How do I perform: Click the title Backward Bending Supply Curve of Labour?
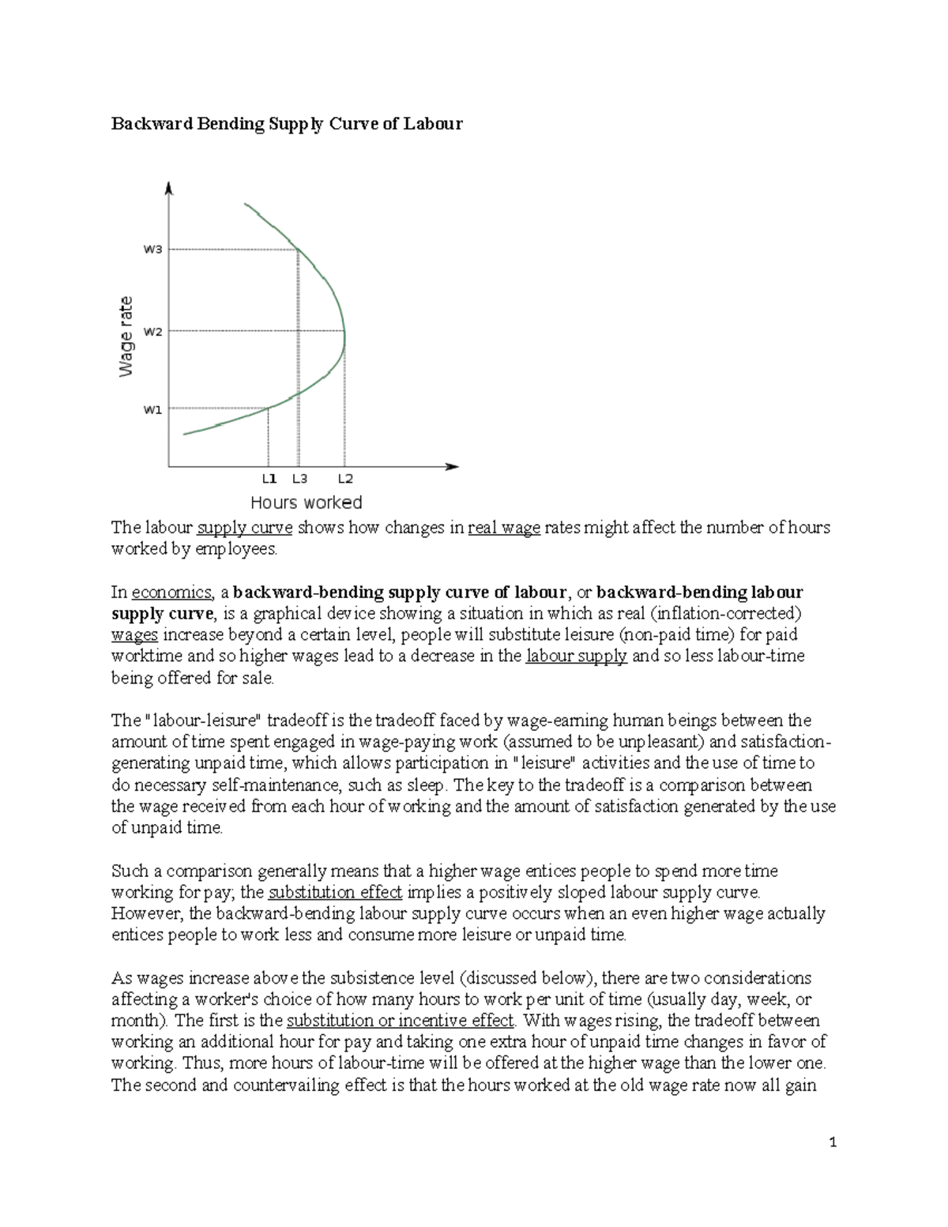coord(286,124)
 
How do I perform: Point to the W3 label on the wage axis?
coord(152,250)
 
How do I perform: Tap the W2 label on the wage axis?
coord(152,332)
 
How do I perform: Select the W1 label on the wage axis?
coord(152,409)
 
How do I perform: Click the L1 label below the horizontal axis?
coord(269,479)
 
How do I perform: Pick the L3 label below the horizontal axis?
coord(299,479)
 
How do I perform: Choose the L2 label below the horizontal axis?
coord(345,479)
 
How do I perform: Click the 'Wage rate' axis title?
coord(126,336)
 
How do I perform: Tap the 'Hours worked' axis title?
coord(306,502)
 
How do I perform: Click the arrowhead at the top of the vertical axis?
coord(169,188)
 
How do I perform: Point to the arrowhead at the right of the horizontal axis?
coord(453,466)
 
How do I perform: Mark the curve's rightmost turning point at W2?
coord(345,332)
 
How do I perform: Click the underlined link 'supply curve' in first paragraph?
coord(245,528)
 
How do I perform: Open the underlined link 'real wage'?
coord(504,528)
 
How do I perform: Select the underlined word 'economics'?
coord(171,593)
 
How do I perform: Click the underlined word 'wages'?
coord(134,635)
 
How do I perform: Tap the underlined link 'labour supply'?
coord(576,657)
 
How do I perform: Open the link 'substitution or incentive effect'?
coord(400,1021)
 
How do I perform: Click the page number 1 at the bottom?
coord(833,1142)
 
